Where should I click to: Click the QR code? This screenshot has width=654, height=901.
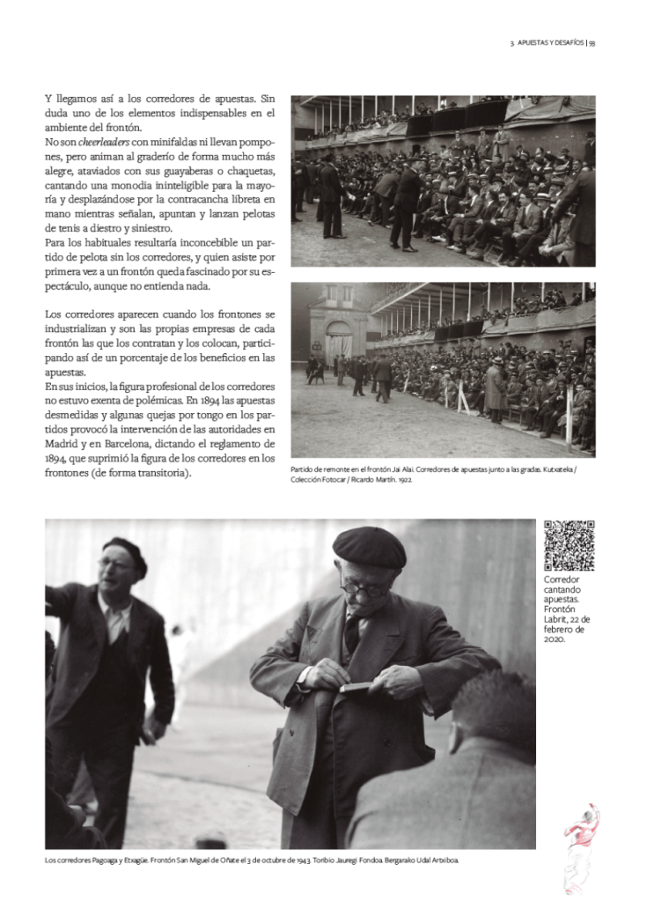point(569,545)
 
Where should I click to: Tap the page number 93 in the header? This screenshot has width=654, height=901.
point(592,42)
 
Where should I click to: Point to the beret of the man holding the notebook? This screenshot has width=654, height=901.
point(369,548)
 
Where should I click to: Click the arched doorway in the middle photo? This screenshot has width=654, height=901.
point(338,342)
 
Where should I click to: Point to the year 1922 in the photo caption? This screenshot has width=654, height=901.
point(409,481)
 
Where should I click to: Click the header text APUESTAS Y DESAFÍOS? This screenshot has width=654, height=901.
point(550,42)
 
